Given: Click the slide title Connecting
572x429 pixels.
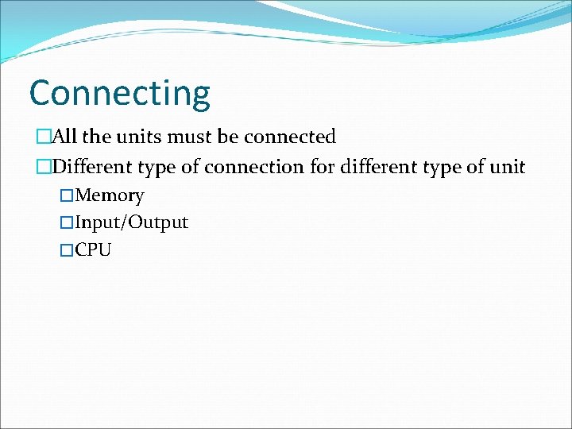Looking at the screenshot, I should click(119, 94).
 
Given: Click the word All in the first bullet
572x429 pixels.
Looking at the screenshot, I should click(65, 137).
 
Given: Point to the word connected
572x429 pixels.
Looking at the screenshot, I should click(290, 137).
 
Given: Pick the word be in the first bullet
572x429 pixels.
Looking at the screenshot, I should click(228, 137).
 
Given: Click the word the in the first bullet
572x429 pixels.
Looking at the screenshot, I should click(96, 137).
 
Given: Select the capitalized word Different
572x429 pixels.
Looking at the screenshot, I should click(91, 168).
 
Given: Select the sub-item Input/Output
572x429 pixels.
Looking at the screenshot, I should click(131, 223).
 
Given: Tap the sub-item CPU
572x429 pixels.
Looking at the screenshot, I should click(94, 251).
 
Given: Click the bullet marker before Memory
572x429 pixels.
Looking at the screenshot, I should click(67, 196).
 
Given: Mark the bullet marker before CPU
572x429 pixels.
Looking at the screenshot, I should click(67, 251).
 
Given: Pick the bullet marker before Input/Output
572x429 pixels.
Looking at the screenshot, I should click(67, 223).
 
